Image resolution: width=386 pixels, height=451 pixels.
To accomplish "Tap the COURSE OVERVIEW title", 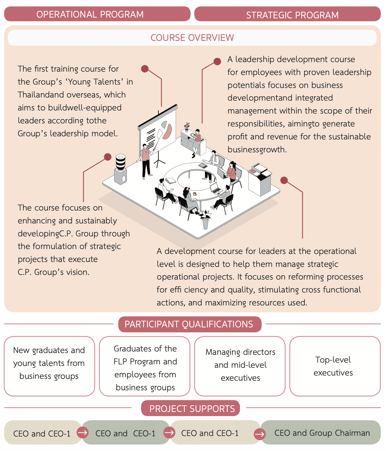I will point(192,38).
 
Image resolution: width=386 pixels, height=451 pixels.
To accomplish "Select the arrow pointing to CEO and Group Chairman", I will point(259,434).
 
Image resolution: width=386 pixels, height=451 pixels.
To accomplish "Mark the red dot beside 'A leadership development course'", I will point(217,61).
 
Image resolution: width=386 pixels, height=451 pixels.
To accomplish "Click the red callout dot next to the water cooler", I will point(108,157).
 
